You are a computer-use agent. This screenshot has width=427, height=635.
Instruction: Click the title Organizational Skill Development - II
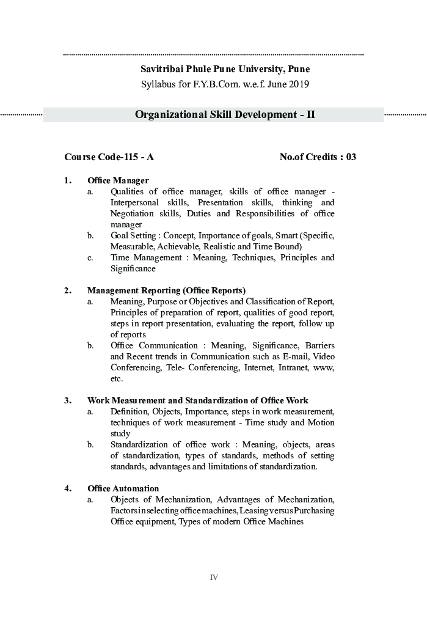click(225, 114)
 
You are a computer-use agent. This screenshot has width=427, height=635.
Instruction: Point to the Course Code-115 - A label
click(109, 157)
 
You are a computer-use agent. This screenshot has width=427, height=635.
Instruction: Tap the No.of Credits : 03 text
click(318, 157)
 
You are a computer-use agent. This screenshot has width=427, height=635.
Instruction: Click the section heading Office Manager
click(118, 180)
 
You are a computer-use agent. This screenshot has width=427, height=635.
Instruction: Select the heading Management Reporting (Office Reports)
click(166, 290)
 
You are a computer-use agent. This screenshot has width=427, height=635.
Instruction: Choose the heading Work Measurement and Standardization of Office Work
click(197, 400)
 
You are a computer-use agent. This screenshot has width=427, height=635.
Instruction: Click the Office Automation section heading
click(123, 488)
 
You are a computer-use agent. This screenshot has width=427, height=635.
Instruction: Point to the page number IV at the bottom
click(214, 578)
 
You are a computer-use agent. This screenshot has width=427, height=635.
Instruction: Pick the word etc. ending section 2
click(116, 378)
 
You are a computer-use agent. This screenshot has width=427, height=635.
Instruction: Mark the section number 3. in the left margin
click(67, 400)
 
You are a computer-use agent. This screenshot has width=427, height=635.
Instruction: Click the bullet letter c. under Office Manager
click(90, 257)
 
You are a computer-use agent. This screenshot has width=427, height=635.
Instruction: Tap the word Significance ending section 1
click(133, 268)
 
